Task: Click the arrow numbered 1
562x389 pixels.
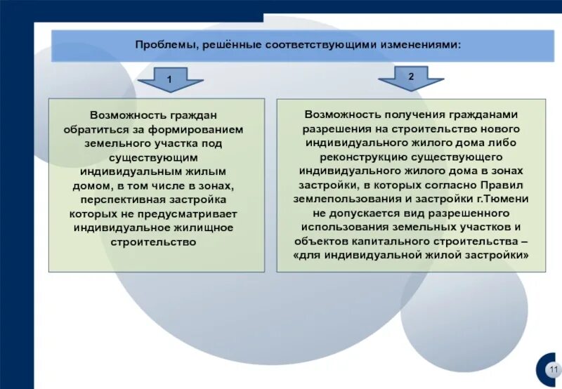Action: (170, 81)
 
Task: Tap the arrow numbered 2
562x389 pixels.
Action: (411, 79)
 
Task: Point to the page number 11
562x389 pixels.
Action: (554, 370)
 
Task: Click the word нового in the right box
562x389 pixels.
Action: (501, 129)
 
